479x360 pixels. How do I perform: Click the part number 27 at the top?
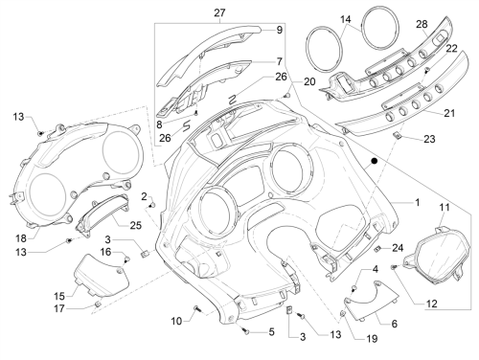coord(219,12)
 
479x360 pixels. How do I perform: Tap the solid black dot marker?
coord(375,161)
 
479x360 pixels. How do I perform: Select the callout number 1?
coord(417,202)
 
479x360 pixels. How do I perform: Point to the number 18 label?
coord(22,238)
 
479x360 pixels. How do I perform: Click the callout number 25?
coord(135,225)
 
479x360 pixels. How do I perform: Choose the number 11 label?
coord(445,208)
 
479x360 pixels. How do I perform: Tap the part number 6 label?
coord(395,324)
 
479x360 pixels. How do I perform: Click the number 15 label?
coord(59,296)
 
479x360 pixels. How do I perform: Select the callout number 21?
coord(449,113)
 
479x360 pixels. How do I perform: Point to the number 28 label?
coord(422,24)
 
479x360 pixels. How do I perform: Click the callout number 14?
coord(346,19)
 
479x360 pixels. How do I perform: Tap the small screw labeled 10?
coord(196,308)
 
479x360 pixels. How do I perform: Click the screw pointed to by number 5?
coord(245,331)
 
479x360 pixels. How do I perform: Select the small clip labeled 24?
coord(377,249)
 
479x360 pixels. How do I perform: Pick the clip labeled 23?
coord(397,136)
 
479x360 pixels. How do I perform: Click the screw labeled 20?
coord(286,96)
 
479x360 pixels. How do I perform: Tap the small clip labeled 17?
coord(98,304)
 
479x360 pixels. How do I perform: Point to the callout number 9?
coord(280,30)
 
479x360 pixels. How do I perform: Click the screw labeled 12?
coord(394,267)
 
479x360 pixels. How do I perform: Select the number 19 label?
coord(372,338)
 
